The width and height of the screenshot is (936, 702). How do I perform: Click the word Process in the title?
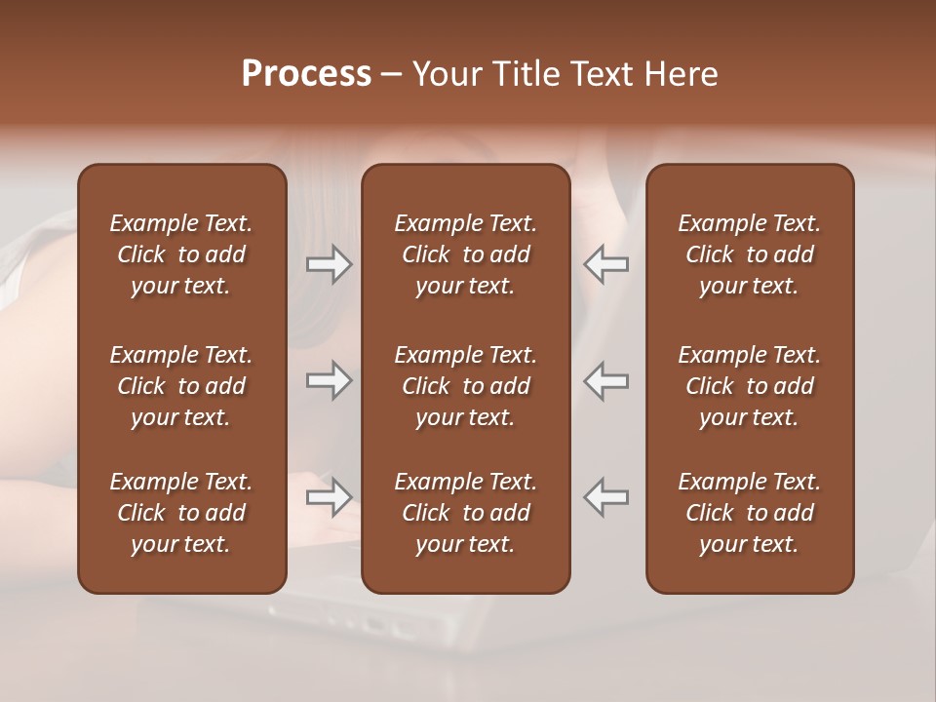click(306, 74)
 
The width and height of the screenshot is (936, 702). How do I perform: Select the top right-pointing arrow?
click(329, 264)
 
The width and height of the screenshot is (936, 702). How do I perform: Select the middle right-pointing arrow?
click(329, 380)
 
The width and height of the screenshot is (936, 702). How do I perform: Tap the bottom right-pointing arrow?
click(329, 497)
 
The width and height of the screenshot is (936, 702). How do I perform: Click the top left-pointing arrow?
click(606, 264)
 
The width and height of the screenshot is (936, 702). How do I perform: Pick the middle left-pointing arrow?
click(606, 380)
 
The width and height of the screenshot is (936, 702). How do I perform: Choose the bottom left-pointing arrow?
click(606, 497)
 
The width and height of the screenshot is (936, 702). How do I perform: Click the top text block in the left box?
click(181, 254)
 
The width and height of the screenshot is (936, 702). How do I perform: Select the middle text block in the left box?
click(181, 386)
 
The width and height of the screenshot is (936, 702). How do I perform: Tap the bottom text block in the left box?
click(181, 513)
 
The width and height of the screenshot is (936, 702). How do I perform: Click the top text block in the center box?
click(465, 254)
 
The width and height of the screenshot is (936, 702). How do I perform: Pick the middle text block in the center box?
click(465, 386)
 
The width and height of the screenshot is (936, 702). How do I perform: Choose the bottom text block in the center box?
click(465, 513)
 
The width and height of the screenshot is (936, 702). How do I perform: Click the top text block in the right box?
click(749, 254)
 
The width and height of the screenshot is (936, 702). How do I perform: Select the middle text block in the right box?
click(749, 386)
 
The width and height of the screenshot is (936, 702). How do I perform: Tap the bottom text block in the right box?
click(749, 513)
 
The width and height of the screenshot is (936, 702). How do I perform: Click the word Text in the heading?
click(601, 74)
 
